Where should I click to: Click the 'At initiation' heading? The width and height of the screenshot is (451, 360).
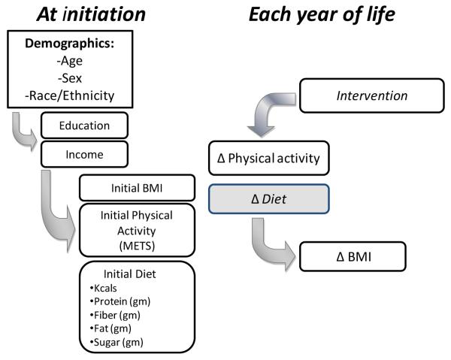click(91, 14)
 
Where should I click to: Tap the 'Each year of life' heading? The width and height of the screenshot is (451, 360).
click(322, 14)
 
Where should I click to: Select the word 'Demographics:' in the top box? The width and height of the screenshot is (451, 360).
click(70, 44)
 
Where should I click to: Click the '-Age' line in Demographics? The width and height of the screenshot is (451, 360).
click(70, 61)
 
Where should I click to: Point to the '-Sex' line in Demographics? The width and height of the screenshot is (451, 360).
click(70, 78)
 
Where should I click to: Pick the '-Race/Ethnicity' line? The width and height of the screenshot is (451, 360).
click(70, 95)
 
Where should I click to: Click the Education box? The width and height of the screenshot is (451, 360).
click(84, 126)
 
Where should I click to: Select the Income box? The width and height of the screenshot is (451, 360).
click(84, 154)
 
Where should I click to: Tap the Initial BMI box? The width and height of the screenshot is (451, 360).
click(138, 188)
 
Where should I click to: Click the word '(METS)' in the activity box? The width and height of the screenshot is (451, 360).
click(138, 246)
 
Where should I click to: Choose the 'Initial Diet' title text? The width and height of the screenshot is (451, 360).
click(130, 274)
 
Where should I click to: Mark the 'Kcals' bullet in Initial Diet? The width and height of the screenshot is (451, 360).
click(104, 288)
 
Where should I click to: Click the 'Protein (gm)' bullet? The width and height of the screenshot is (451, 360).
click(120, 301)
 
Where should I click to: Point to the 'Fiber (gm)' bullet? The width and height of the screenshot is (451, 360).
click(115, 315)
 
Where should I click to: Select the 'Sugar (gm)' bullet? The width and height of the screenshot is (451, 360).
click(117, 342)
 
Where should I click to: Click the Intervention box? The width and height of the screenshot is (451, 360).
click(372, 95)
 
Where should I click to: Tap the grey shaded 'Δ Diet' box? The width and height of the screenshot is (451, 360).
click(269, 199)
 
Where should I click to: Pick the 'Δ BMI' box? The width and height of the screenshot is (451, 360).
click(353, 256)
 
